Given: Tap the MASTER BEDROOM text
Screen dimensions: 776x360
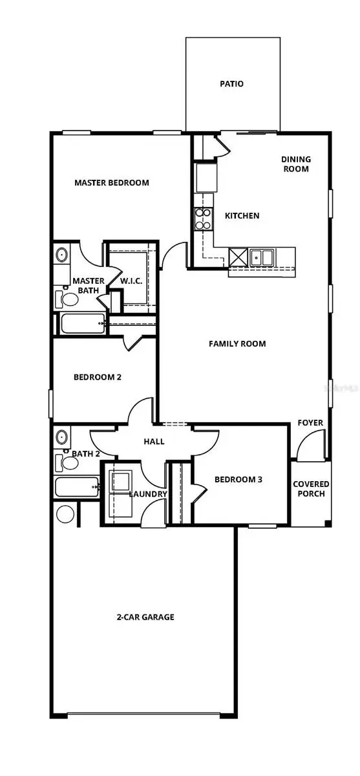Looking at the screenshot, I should tap(111, 183).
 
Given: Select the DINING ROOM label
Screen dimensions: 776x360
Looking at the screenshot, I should tap(295, 164).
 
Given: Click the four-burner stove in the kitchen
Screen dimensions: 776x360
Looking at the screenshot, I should tap(204, 219).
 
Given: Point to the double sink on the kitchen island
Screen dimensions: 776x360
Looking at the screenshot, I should tap(262, 257).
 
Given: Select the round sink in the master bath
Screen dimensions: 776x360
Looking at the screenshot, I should tap(62, 255).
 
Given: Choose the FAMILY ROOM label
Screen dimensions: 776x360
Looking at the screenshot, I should tap(237, 344).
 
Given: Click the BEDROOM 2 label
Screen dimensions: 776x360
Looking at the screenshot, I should tap(98, 377).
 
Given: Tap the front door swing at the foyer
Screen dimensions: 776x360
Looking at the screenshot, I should tap(309, 448).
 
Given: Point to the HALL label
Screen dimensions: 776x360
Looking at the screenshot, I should tap(154, 442).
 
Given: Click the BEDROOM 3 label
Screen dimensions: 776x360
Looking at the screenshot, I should tap(238, 480).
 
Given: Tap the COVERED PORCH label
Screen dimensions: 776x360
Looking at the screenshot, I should tap(311, 489).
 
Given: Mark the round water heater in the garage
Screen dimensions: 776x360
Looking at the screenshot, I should tap(65, 514).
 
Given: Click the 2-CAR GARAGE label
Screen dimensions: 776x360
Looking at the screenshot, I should tap(145, 618).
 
